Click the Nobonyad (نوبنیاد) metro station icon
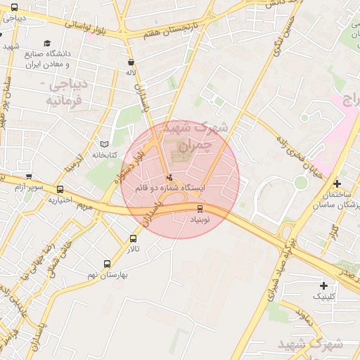coord(200,208)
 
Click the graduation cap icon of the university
coord(47,43)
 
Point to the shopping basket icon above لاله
coord(131,62)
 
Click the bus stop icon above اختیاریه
coord(60,189)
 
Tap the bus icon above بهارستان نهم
coord(107,264)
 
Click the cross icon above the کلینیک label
coord(323,285)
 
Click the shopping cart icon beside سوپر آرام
coord(29,177)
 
